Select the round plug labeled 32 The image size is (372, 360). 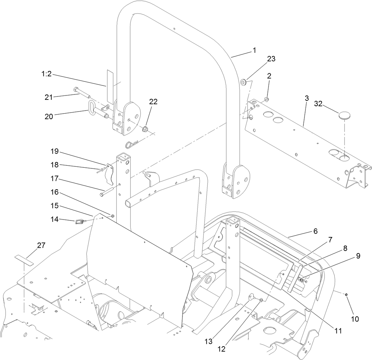pyautogui.click(x=344, y=116)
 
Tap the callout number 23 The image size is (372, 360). pyautogui.click(x=271, y=58)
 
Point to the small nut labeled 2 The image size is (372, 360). pyautogui.click(x=266, y=99)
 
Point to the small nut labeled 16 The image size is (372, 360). pyautogui.click(x=113, y=215)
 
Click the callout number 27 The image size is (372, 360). pyautogui.click(x=41, y=245)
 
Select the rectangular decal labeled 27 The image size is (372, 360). pyautogui.click(x=24, y=260)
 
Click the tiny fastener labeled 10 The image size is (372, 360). pyautogui.click(x=346, y=295)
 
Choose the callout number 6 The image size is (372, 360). pyautogui.click(x=316, y=231)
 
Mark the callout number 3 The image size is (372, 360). pyautogui.click(x=306, y=98)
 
